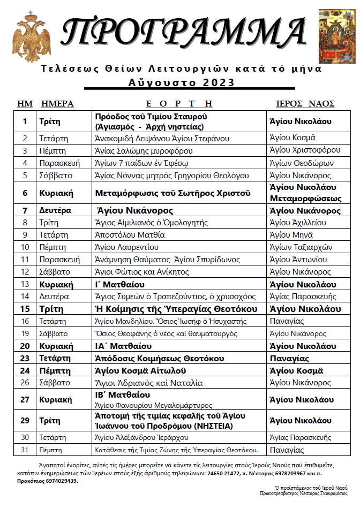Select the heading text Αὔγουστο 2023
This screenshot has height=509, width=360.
[x=182, y=82]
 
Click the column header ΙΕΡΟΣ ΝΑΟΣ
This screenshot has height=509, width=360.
[x=305, y=104]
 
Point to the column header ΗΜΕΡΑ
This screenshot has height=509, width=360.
[x=57, y=104]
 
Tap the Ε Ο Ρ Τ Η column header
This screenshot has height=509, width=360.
[x=179, y=104]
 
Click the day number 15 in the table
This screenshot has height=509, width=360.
[x=25, y=309]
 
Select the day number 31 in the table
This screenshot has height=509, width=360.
[x=25, y=450]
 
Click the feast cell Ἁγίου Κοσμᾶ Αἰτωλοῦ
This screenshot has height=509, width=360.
[x=140, y=370]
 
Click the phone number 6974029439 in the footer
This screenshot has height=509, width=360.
[x=58, y=481]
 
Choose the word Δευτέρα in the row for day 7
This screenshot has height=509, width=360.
[x=55, y=211]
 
